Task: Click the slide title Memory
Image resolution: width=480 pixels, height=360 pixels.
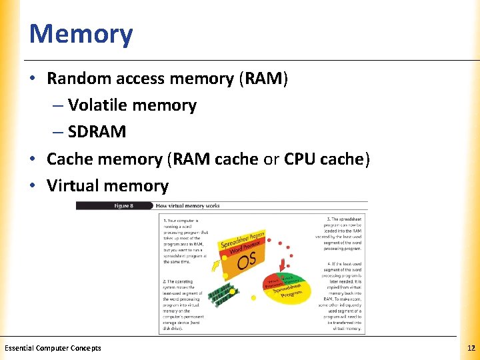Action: click(81, 34)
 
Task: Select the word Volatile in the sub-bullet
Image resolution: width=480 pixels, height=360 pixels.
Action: click(99, 105)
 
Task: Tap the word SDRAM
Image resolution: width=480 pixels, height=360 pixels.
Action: click(97, 132)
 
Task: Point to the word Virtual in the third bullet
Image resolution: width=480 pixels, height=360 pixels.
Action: click(73, 185)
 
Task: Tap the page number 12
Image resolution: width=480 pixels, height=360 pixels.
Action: click(471, 348)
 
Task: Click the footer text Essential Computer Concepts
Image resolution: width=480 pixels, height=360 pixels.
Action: click(53, 348)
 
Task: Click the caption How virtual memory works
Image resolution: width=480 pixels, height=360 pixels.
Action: click(187, 206)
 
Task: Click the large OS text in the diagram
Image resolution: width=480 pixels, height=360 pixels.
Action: click(246, 260)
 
